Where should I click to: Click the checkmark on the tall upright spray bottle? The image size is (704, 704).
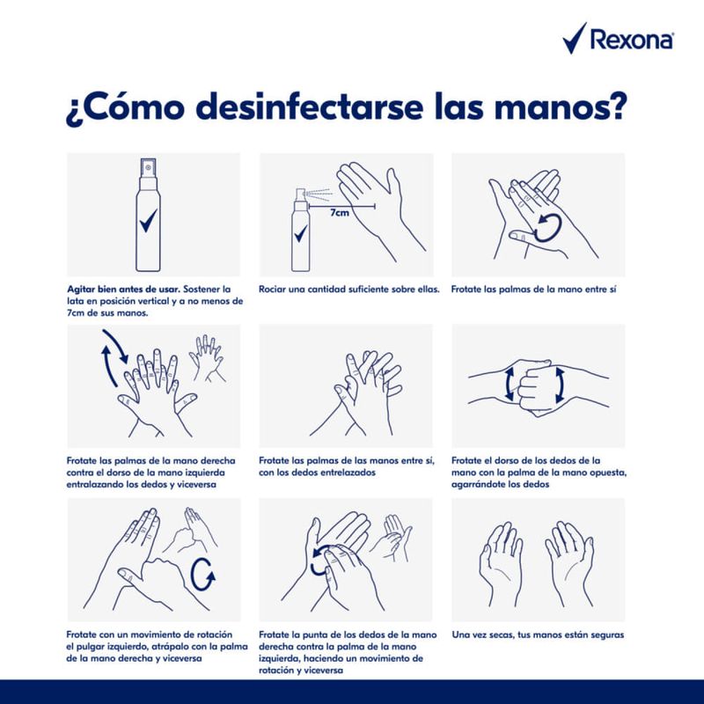point(148,220)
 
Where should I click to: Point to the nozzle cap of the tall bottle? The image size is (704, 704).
point(148,166)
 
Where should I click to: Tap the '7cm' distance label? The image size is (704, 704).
point(341,214)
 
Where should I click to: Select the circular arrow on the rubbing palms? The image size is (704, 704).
point(538,224)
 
